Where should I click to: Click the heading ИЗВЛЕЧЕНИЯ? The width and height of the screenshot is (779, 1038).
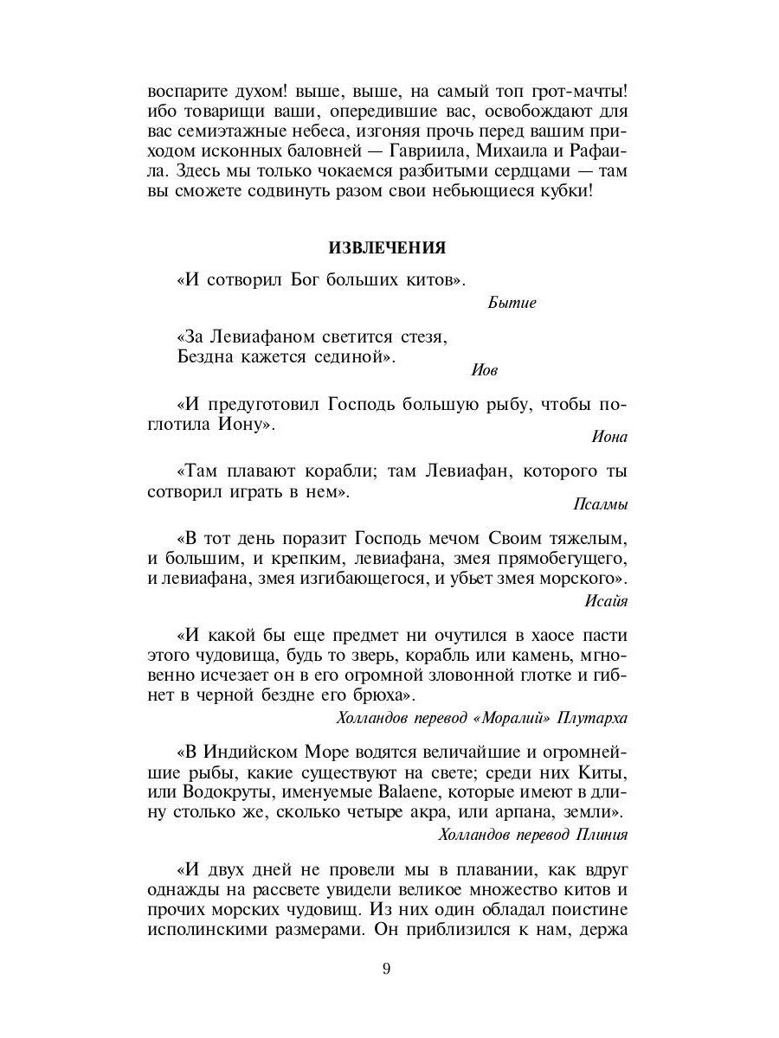(x=387, y=248)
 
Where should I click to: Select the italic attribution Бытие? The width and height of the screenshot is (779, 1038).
(x=512, y=303)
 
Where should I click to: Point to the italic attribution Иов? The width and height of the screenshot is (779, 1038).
(x=485, y=369)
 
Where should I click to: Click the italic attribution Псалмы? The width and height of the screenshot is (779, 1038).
(x=601, y=503)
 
